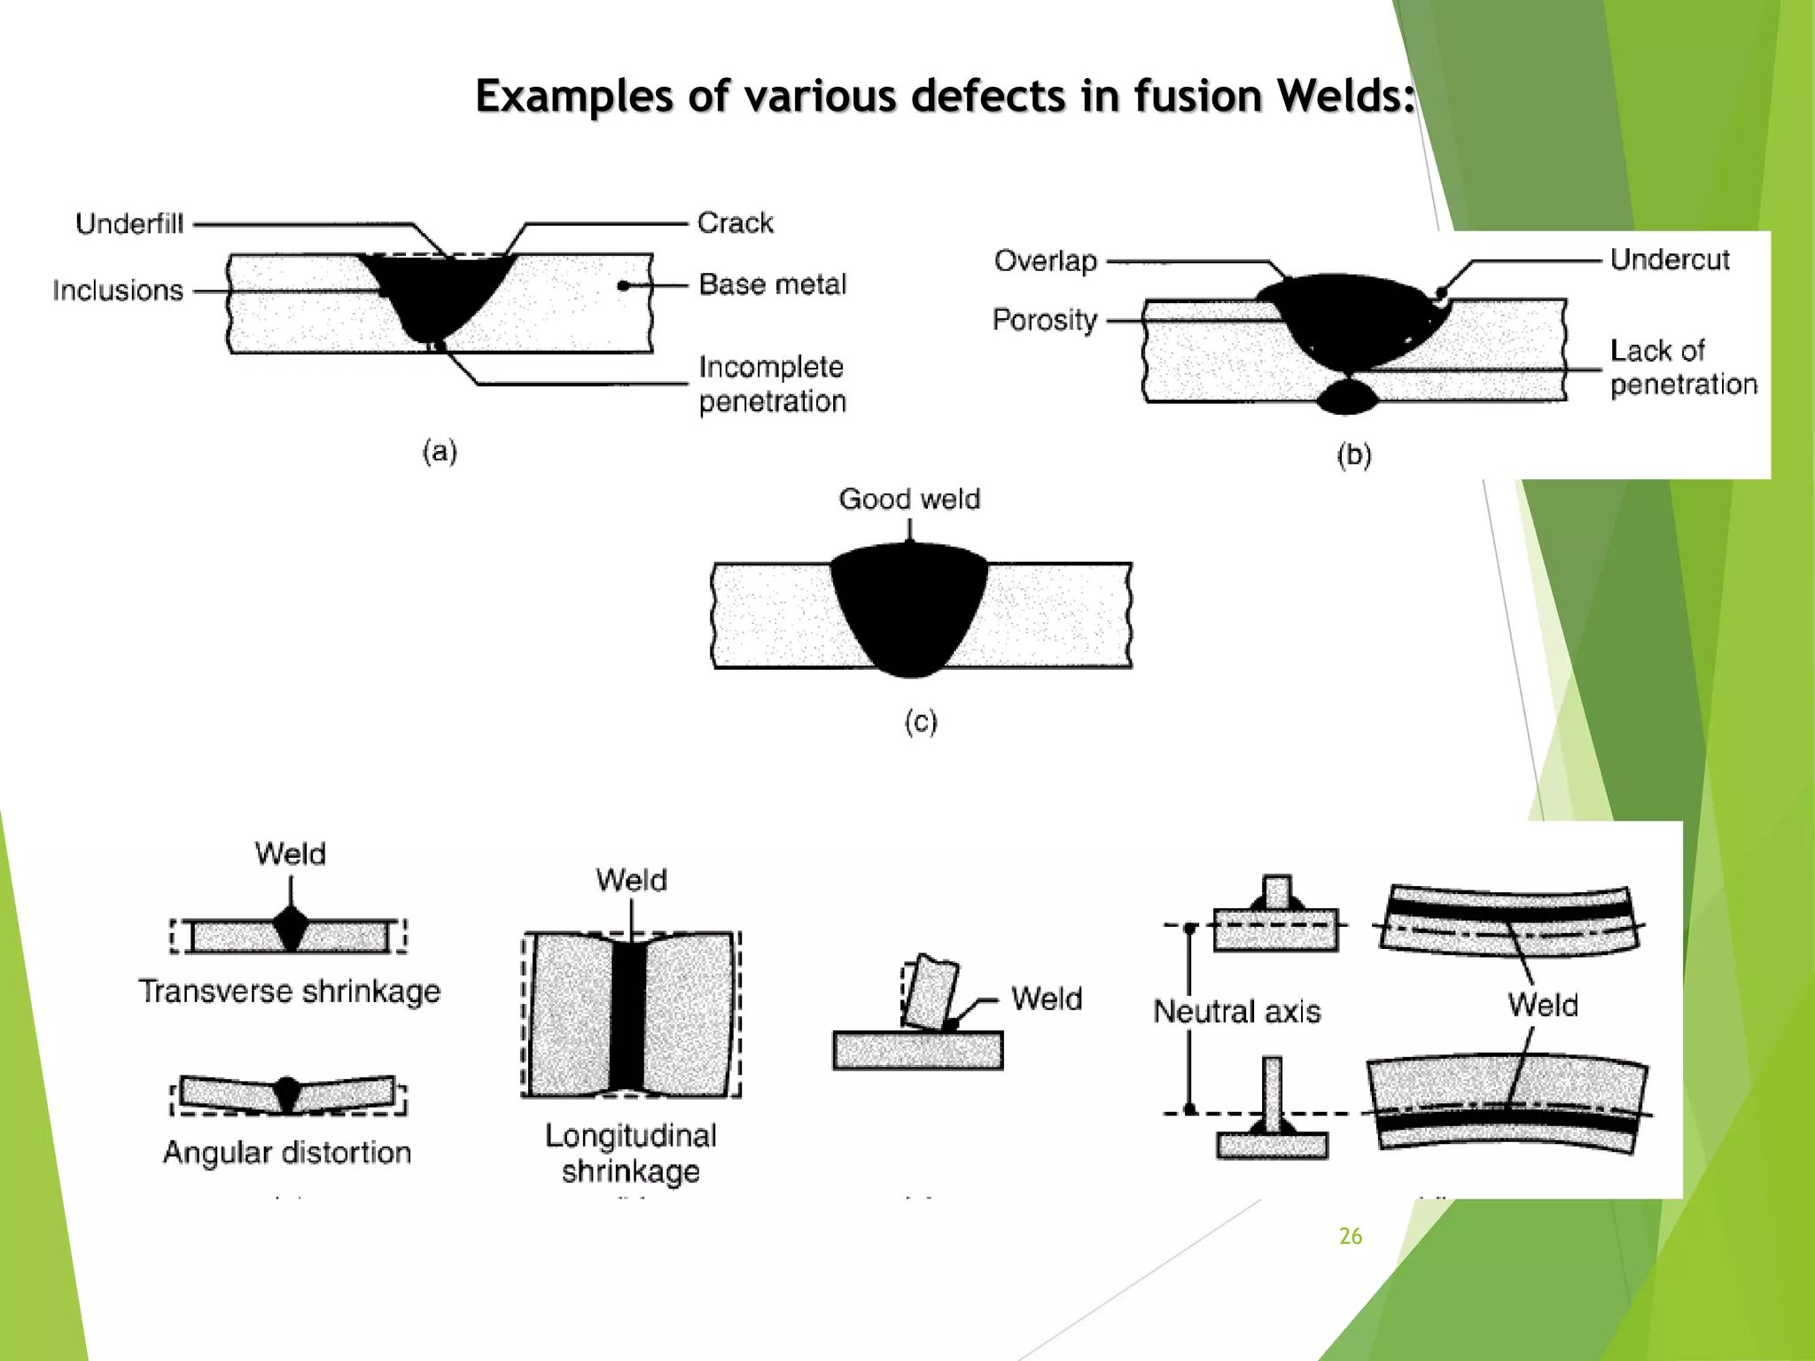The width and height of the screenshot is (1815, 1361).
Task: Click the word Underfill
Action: tap(129, 223)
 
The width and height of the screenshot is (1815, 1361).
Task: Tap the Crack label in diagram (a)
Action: tap(735, 222)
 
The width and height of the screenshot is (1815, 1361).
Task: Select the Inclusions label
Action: tap(117, 290)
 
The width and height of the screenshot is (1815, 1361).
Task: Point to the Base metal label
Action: tap(772, 284)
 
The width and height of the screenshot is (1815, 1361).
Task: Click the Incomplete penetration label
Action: tap(772, 384)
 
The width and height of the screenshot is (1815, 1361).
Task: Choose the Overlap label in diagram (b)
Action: tap(1045, 261)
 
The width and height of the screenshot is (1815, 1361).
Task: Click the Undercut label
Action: tap(1670, 260)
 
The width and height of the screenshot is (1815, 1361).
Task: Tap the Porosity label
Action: tap(1044, 319)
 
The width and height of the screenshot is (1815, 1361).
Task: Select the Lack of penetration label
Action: tap(1682, 367)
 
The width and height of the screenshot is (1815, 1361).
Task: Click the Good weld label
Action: tap(909, 499)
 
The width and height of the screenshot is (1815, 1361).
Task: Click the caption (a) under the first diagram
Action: tap(440, 451)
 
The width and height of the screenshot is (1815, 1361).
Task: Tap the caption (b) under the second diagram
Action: tap(1354, 455)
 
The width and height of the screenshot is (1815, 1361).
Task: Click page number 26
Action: tap(1350, 1236)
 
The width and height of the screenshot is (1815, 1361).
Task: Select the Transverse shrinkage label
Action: tap(290, 991)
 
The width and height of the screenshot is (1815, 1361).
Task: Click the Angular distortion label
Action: tap(287, 1152)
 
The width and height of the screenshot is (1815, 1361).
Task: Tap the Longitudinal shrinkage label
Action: tap(630, 1153)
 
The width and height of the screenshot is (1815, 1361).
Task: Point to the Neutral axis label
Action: tap(1236, 1011)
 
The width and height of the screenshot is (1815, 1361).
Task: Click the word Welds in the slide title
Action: tap(1344, 96)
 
